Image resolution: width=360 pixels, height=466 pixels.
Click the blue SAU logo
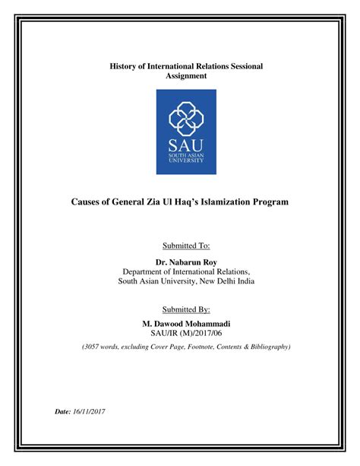(x=186, y=131)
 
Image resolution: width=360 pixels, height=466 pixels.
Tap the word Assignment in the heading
(x=185, y=76)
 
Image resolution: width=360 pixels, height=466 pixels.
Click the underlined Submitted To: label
(x=186, y=246)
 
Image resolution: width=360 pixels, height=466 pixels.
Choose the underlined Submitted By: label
(x=186, y=309)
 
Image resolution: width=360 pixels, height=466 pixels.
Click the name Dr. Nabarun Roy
(x=186, y=262)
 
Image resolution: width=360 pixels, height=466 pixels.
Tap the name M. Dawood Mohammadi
(x=186, y=325)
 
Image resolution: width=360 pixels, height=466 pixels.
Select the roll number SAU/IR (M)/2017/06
(x=186, y=334)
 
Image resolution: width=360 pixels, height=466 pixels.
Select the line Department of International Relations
(x=186, y=271)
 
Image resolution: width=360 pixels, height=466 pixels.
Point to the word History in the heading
(x=127, y=66)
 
